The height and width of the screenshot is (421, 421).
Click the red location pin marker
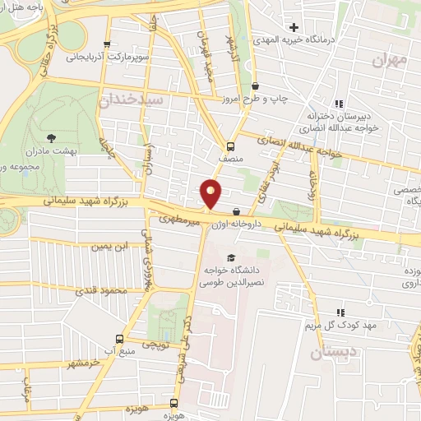pos(211,192)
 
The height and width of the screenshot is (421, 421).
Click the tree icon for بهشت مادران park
pos(52,137)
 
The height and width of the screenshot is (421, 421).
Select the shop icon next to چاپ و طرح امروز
pos(255,86)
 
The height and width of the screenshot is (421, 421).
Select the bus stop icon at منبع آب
pos(119,339)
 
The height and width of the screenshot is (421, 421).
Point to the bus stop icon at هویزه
pos(173,403)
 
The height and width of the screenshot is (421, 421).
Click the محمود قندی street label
pos(99,291)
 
